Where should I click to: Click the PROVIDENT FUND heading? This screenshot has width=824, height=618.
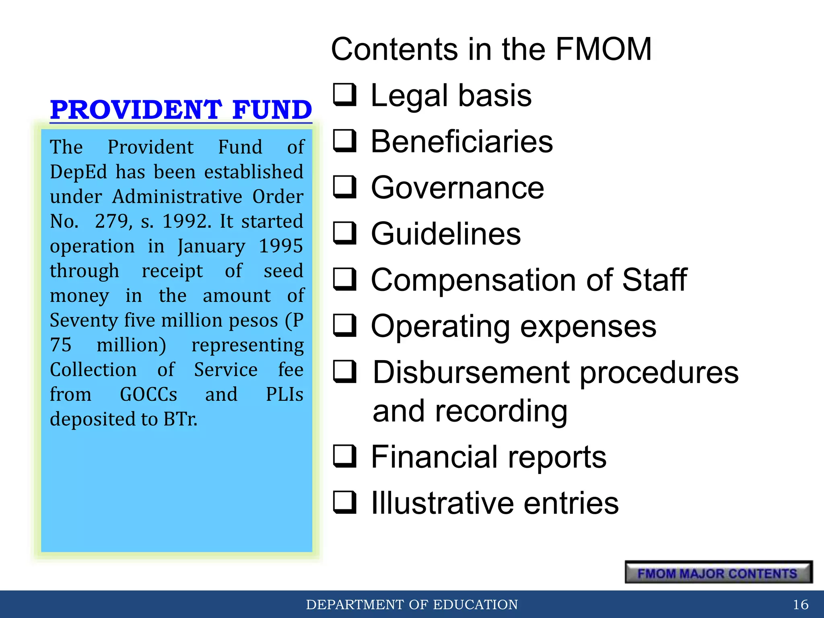point(181,109)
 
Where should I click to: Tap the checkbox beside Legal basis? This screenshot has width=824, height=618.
point(345,95)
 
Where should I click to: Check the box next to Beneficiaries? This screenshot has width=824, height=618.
point(345,141)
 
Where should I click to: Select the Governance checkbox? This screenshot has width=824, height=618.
point(345,187)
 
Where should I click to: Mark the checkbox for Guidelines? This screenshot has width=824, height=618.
point(345,233)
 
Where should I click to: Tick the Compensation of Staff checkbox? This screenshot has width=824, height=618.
point(345,280)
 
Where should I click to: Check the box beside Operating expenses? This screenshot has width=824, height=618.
point(345,325)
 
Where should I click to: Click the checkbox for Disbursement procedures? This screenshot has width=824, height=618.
point(345,371)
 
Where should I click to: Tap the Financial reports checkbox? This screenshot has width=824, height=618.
point(345,456)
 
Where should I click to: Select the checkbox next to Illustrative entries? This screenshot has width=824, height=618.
point(345,503)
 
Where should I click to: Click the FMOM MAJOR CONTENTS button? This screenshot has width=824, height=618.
point(719,572)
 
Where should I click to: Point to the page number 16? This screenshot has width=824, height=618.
point(800,604)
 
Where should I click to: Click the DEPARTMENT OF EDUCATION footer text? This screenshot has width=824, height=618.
point(412,604)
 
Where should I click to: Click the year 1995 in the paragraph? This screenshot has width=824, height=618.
point(280,246)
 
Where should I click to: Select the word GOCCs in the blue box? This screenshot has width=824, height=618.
point(148,394)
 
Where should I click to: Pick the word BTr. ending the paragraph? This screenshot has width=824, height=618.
point(180,419)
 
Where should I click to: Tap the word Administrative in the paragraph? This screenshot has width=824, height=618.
point(177,197)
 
